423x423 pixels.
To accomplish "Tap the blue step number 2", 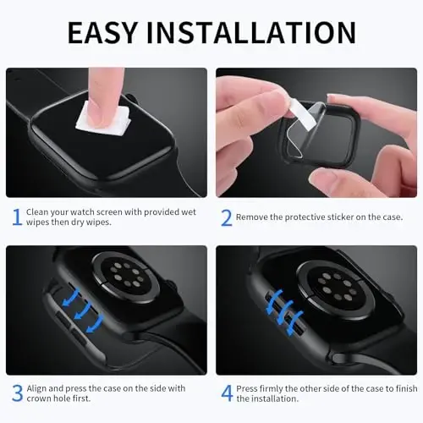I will [x=225, y=217].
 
